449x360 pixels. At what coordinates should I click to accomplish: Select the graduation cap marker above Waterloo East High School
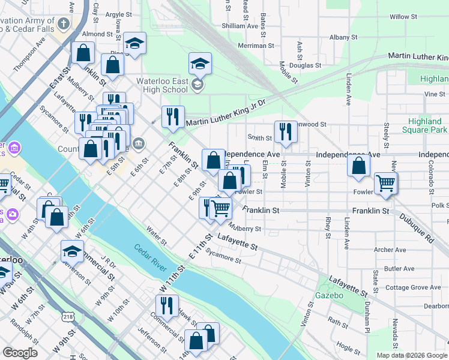200,63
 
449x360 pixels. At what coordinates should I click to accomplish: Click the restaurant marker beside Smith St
285,131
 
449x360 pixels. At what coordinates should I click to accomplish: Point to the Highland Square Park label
424,125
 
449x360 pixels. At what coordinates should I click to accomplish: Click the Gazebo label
330,296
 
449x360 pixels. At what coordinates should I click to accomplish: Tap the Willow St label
399,17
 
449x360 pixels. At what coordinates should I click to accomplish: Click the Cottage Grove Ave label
413,287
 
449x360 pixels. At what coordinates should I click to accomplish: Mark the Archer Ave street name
390,250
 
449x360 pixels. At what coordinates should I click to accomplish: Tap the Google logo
20,353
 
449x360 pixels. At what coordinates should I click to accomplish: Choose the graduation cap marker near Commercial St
72,251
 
